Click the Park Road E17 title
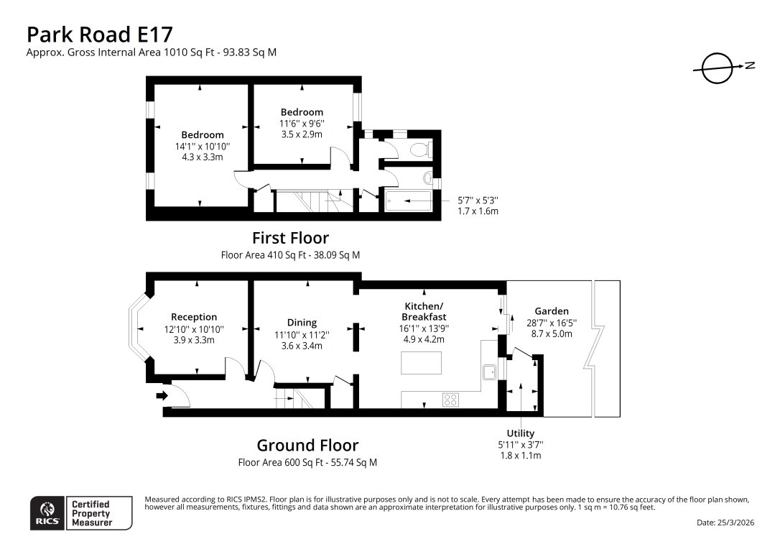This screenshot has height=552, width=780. [x=99, y=34]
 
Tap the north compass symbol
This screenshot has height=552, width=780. [x=715, y=69]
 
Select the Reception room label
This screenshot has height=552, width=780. [x=194, y=317]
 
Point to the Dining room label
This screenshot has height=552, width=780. [x=302, y=323]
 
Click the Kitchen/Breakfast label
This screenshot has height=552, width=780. [x=424, y=311]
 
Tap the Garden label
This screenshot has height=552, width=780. [x=551, y=311]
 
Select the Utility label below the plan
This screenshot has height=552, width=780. [x=521, y=433]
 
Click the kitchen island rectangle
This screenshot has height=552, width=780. [x=421, y=364]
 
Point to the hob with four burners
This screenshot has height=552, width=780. [x=451, y=400]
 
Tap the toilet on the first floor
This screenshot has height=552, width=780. [x=419, y=149]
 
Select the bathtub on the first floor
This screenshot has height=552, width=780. [x=408, y=201]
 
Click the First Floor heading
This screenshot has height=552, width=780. [x=290, y=238]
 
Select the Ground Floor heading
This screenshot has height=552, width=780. [x=307, y=446]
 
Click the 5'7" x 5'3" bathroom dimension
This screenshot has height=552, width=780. [x=478, y=201]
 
